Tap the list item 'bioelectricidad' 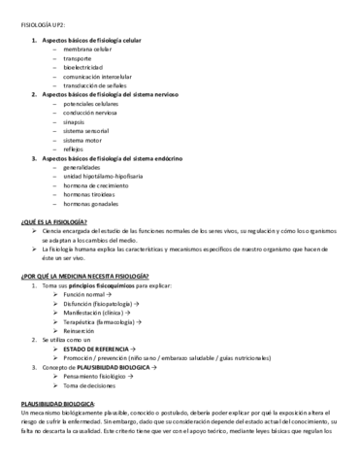(x=82, y=67)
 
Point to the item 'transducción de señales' (x=96, y=85)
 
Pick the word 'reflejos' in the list (x=75, y=150)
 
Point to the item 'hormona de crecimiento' (x=95, y=185)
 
